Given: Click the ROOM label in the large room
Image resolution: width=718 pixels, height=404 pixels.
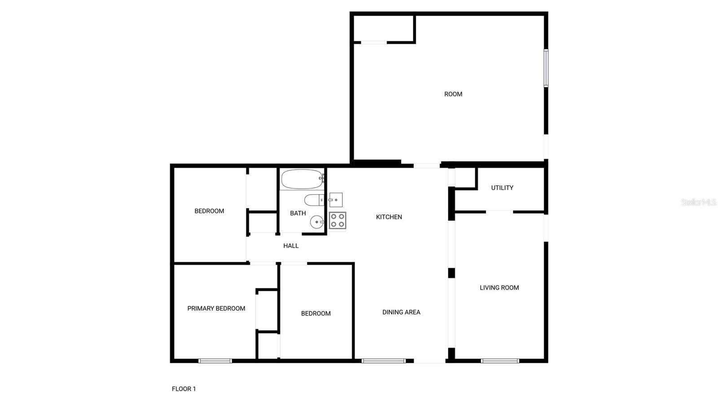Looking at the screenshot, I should pos(453,94).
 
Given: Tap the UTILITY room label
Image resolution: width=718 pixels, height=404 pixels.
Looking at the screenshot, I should pos(502,188).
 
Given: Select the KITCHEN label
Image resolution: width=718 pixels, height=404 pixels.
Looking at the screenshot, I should pos(389,217).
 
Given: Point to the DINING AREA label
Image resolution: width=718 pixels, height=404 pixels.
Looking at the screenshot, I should pos(401,312).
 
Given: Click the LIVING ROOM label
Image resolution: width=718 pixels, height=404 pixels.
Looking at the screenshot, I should pos(499,288).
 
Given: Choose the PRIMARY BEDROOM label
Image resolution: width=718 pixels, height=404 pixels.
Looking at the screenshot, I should pos(216,308).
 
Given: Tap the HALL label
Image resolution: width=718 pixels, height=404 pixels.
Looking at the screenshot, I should pos(291,246).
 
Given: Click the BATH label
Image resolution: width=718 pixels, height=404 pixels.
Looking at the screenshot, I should pos(298,213).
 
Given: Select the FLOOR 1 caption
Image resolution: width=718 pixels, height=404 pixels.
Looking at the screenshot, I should pos(184,389).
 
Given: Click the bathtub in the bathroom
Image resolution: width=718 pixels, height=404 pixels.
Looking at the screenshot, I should pos(302,179).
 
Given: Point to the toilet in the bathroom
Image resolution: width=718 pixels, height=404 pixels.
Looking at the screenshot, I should pos(314,200).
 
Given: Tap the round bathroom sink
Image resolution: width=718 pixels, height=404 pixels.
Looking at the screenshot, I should pos(317,222).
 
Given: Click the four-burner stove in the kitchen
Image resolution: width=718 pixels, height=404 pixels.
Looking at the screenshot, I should pos(337,220).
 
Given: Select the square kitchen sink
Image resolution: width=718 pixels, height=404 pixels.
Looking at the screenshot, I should pos(336,200).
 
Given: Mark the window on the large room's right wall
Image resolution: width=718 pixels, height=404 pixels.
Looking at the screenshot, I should pos(546,68).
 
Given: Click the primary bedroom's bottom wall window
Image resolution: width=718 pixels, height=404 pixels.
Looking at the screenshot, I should pos(215,360).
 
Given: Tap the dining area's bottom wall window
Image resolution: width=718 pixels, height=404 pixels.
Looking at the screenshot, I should pos(384,360).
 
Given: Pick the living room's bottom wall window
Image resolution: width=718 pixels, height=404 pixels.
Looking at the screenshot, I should pos(500,360).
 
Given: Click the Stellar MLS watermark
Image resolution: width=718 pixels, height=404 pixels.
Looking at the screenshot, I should pos(698,202).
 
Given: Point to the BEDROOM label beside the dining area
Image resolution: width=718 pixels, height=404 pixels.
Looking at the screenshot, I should pos(316,314).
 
